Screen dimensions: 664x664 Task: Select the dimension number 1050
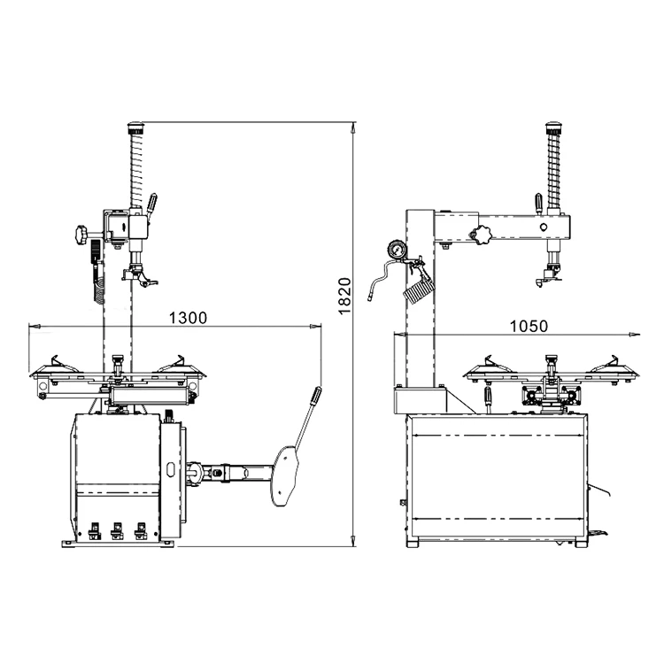click(529, 325)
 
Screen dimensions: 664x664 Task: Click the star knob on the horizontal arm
click(482, 236)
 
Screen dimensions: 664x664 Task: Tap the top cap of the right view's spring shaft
click(554, 126)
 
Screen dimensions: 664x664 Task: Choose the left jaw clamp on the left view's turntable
click(59, 362)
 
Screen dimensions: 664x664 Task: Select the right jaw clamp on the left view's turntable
click(176, 362)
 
